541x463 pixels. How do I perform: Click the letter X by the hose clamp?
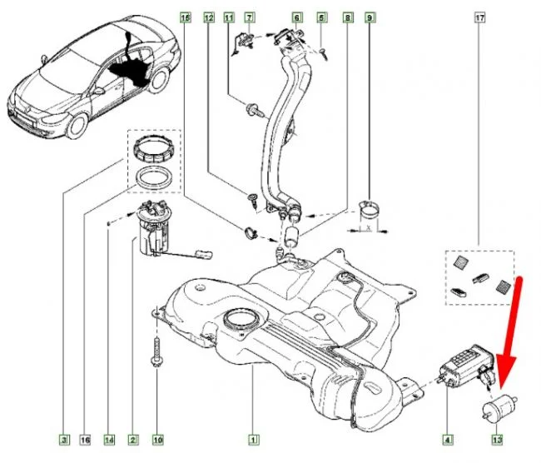pyautogui.click(x=368, y=226)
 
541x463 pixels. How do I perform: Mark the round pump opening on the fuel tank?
pyautogui.click(x=241, y=319)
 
